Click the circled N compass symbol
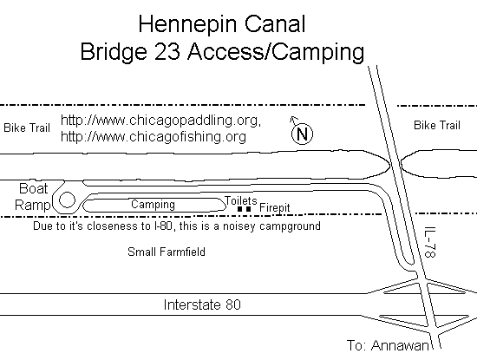tap(302, 134)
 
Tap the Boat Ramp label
tap(33, 197)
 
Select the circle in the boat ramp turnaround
tap(67, 200)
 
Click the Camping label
tap(153, 204)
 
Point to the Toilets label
tap(241, 201)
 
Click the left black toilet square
tap(239, 209)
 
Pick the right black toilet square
tap(249, 209)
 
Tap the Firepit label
tap(275, 208)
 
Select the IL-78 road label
tap(431, 242)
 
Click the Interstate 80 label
tap(202, 304)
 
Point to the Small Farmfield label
tap(167, 252)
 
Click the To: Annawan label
tap(388, 345)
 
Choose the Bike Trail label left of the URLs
tap(27, 128)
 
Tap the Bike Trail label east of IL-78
tap(437, 126)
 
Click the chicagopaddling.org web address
tap(161, 121)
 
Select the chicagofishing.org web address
tap(154, 136)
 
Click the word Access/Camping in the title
tap(276, 52)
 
